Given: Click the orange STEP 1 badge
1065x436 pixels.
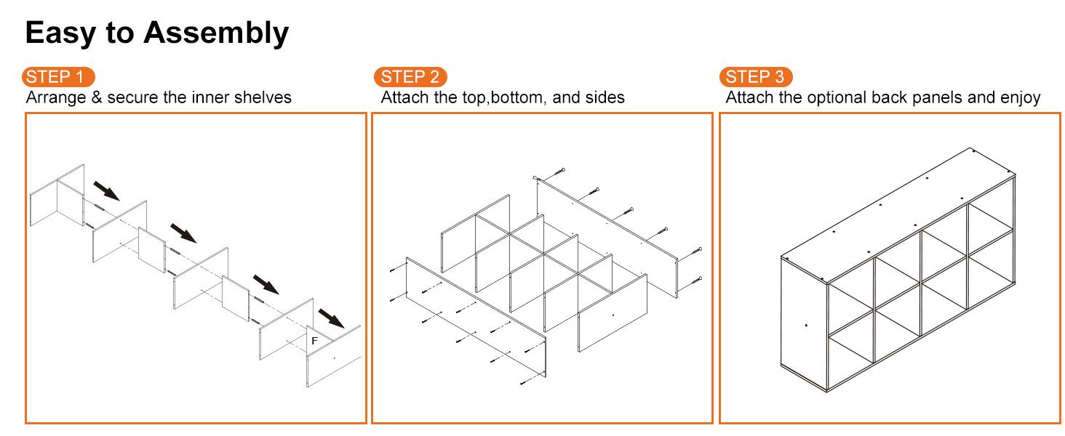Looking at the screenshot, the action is (x=58, y=77).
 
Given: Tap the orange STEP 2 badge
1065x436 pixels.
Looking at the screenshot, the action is (x=410, y=77).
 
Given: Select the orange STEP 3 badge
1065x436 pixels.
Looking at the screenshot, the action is (x=756, y=77).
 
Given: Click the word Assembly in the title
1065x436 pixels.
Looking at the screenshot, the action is (x=216, y=33).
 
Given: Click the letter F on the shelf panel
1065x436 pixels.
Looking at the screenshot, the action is (x=314, y=341).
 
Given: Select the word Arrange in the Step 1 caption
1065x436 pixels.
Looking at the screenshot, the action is (x=56, y=98).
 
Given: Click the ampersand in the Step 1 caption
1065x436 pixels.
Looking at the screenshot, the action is (x=97, y=97).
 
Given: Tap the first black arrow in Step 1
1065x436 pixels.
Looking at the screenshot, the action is (x=106, y=190).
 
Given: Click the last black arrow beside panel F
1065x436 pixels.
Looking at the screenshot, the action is (x=332, y=318).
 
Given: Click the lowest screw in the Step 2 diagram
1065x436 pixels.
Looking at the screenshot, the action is (x=525, y=381).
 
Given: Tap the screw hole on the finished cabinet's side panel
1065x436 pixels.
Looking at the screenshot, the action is (x=806, y=326).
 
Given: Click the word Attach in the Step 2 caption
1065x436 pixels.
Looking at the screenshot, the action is (x=405, y=97).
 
